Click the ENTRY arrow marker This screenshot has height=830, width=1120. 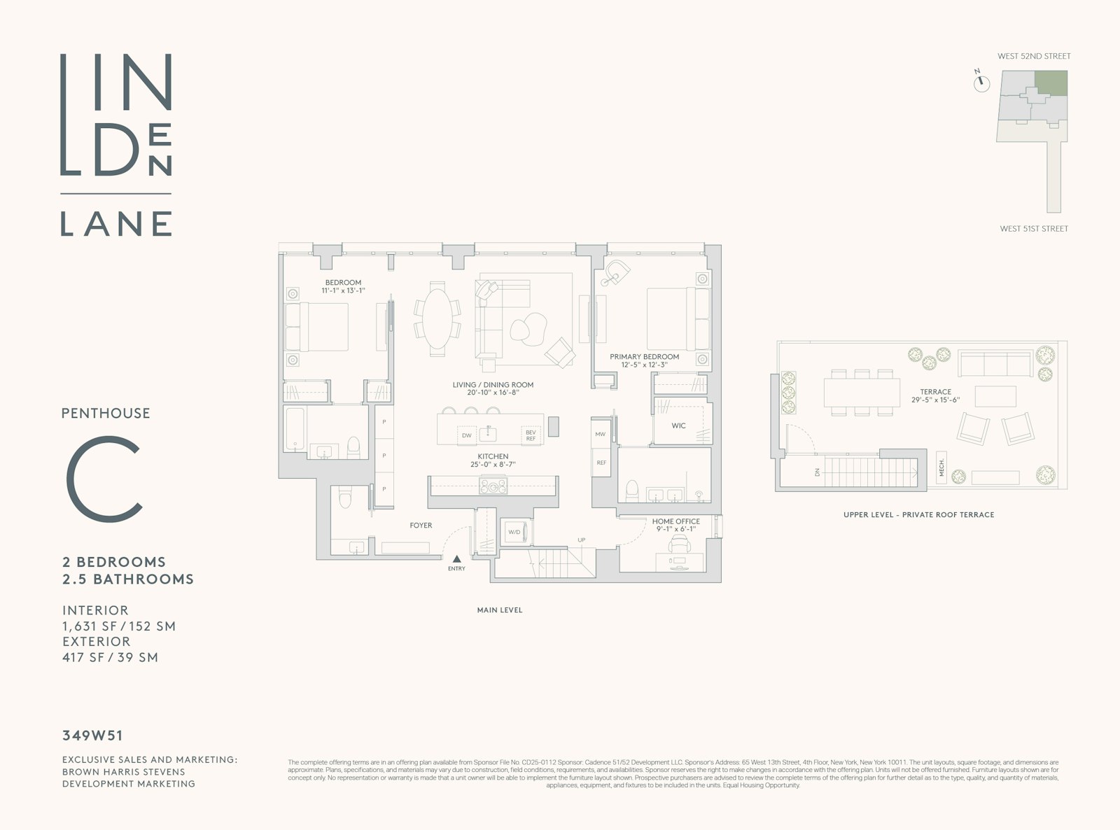tap(456, 558)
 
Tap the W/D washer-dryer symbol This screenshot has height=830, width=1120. tap(514, 532)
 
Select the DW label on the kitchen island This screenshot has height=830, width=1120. tap(467, 435)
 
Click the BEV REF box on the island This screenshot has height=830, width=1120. tap(531, 435)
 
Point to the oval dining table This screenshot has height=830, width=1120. tap(437, 318)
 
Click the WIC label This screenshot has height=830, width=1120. tap(678, 425)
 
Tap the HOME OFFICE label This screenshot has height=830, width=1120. tap(675, 521)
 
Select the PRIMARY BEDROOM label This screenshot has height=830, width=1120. tap(644, 357)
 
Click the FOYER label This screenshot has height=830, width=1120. tap(421, 526)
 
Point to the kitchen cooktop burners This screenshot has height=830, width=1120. tap(493, 486)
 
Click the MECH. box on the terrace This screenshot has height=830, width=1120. tap(941, 467)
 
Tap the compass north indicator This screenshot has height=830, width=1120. tap(981, 83)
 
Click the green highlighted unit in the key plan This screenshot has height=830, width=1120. tap(1051, 83)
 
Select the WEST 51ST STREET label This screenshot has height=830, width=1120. tap(1034, 229)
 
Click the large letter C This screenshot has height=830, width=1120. tap(105, 479)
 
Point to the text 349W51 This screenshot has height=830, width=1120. tap(92, 736)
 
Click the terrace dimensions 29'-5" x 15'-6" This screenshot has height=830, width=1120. tap(935, 400)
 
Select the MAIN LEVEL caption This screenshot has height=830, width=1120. tap(499, 610)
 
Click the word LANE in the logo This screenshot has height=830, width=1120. tap(116, 223)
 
